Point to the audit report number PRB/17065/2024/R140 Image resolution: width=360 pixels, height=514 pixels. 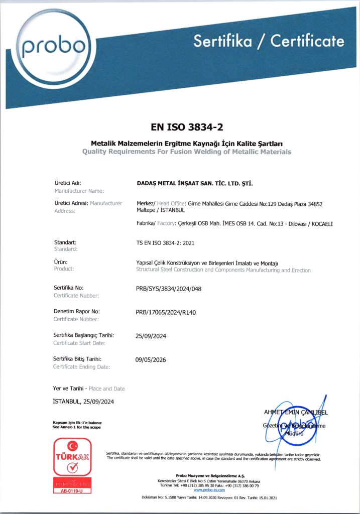(x=166, y=312)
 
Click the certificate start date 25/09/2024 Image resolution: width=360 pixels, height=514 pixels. (x=151, y=336)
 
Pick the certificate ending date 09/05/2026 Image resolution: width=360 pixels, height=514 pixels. (x=151, y=360)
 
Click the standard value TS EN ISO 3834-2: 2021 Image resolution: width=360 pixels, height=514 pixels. (x=165, y=243)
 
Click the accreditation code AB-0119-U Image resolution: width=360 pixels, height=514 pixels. (x=72, y=490)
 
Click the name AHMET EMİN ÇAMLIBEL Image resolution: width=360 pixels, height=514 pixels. (x=296, y=413)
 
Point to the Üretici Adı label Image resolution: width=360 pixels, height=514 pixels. (x=67, y=183)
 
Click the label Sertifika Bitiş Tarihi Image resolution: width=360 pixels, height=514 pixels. (x=81, y=359)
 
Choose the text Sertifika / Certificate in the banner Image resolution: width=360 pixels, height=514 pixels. (x=269, y=41)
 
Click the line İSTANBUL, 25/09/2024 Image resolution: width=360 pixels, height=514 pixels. (x=86, y=401)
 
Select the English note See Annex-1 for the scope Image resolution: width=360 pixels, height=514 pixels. (x=76, y=427)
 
